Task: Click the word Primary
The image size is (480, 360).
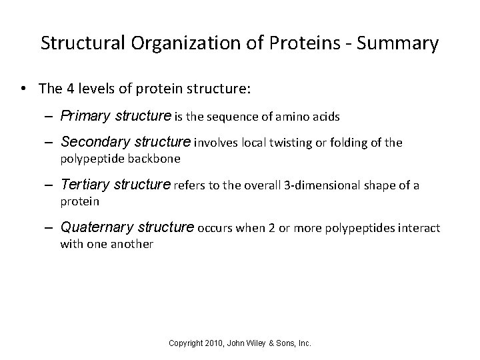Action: click(86, 117)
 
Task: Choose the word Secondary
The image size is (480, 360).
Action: click(96, 142)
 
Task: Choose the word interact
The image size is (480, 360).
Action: click(419, 228)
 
